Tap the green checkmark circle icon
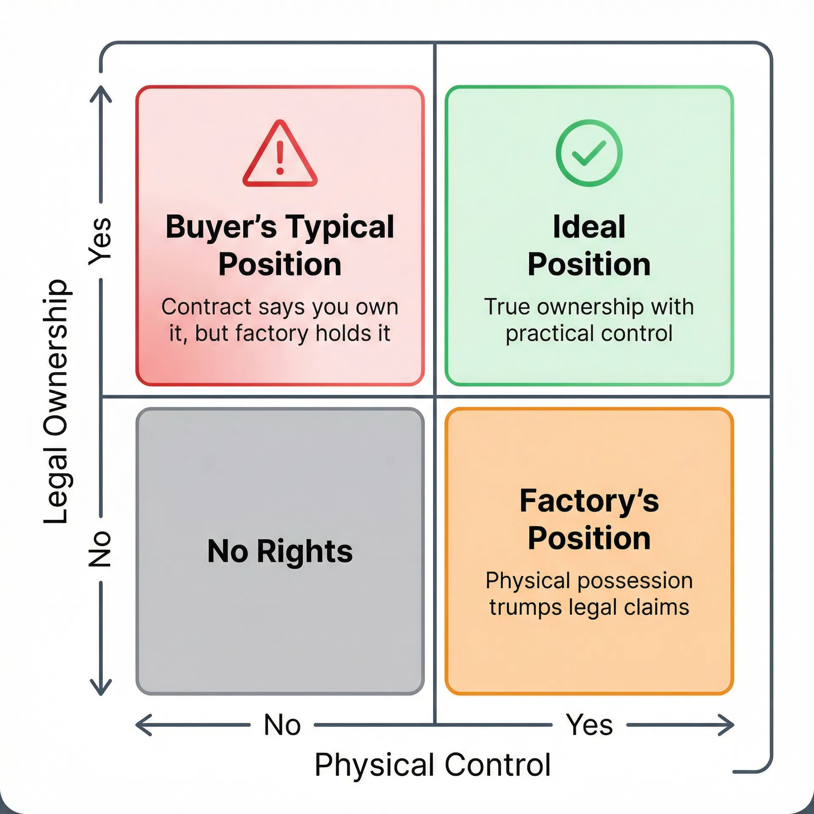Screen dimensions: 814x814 589,153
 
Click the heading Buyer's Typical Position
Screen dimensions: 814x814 280,245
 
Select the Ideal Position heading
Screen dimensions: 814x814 589,245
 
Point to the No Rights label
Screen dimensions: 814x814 280,552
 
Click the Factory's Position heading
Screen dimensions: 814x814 589,519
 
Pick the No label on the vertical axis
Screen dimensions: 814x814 100,549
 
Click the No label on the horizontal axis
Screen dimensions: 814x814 282,725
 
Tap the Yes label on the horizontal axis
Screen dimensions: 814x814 589,725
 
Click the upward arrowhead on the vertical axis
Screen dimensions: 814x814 101,91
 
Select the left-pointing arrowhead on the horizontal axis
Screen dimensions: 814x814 142,725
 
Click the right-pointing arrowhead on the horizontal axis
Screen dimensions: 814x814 728,725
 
